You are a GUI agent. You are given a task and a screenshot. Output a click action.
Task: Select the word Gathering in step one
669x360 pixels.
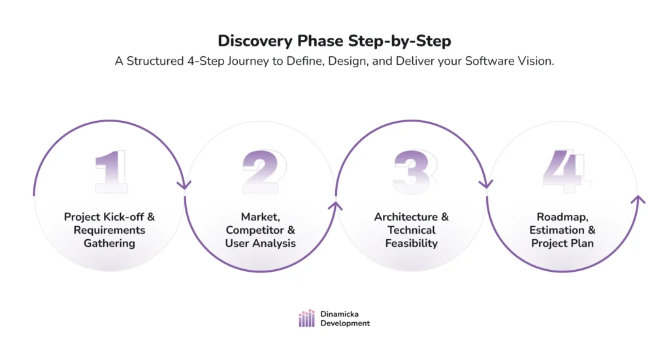pyautogui.click(x=109, y=243)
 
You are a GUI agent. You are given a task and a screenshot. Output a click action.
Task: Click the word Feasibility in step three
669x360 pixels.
pyautogui.click(x=412, y=243)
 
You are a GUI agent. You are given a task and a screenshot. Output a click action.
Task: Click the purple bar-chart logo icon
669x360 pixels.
pyautogui.click(x=306, y=318)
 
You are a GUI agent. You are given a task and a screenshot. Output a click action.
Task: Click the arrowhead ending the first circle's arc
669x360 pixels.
pyautogui.click(x=184, y=184)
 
